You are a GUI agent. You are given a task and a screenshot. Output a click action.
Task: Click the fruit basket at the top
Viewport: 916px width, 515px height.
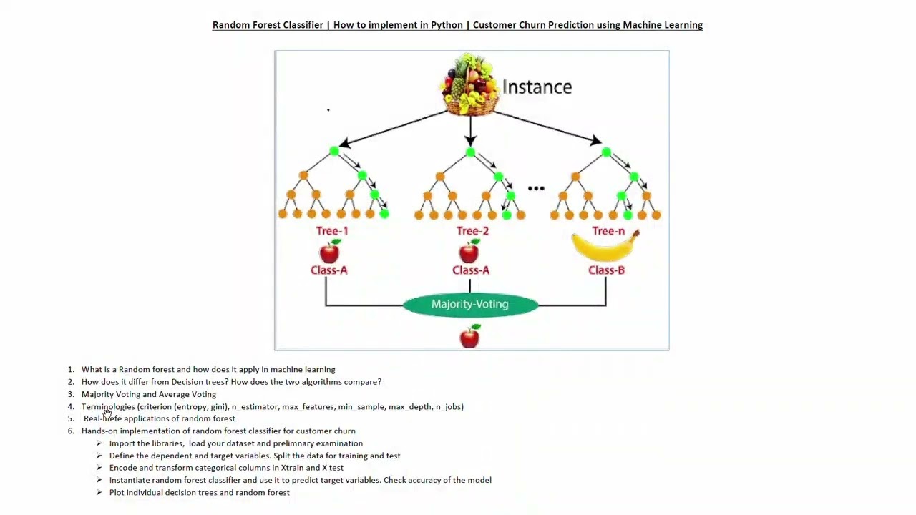(470, 84)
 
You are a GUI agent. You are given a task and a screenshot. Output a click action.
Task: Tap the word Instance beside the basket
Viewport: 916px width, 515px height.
(537, 87)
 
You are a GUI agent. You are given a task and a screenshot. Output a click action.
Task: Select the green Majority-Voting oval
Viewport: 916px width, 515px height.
(469, 305)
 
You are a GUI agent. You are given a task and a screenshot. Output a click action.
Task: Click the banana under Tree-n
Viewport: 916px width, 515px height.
(605, 247)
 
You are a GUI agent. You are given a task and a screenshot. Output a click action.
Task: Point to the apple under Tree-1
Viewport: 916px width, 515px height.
(330, 252)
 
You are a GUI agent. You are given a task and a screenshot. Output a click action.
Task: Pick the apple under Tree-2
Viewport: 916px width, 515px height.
(469, 252)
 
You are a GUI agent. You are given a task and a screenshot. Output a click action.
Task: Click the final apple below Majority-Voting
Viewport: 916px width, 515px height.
(469, 335)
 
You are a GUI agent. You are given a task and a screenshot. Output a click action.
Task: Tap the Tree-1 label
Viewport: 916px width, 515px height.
(332, 231)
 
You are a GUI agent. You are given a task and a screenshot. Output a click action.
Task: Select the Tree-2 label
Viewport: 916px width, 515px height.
(472, 231)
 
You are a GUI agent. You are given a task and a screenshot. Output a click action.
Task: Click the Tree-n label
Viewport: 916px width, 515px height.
(608, 231)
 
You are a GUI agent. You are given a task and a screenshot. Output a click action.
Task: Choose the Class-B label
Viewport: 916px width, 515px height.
(606, 270)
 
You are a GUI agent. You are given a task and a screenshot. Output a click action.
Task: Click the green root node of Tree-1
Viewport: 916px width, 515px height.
(333, 151)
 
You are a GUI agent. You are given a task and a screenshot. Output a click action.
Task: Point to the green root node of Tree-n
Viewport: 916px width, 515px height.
(606, 152)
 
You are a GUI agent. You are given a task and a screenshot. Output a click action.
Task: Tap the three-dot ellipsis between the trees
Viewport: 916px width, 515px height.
(536, 189)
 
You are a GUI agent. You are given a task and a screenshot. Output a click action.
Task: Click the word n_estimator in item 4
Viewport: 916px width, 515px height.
(254, 407)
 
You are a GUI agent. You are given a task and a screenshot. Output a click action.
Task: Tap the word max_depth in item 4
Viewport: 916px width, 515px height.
(410, 407)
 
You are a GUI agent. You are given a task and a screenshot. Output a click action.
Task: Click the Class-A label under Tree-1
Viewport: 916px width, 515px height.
(328, 270)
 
